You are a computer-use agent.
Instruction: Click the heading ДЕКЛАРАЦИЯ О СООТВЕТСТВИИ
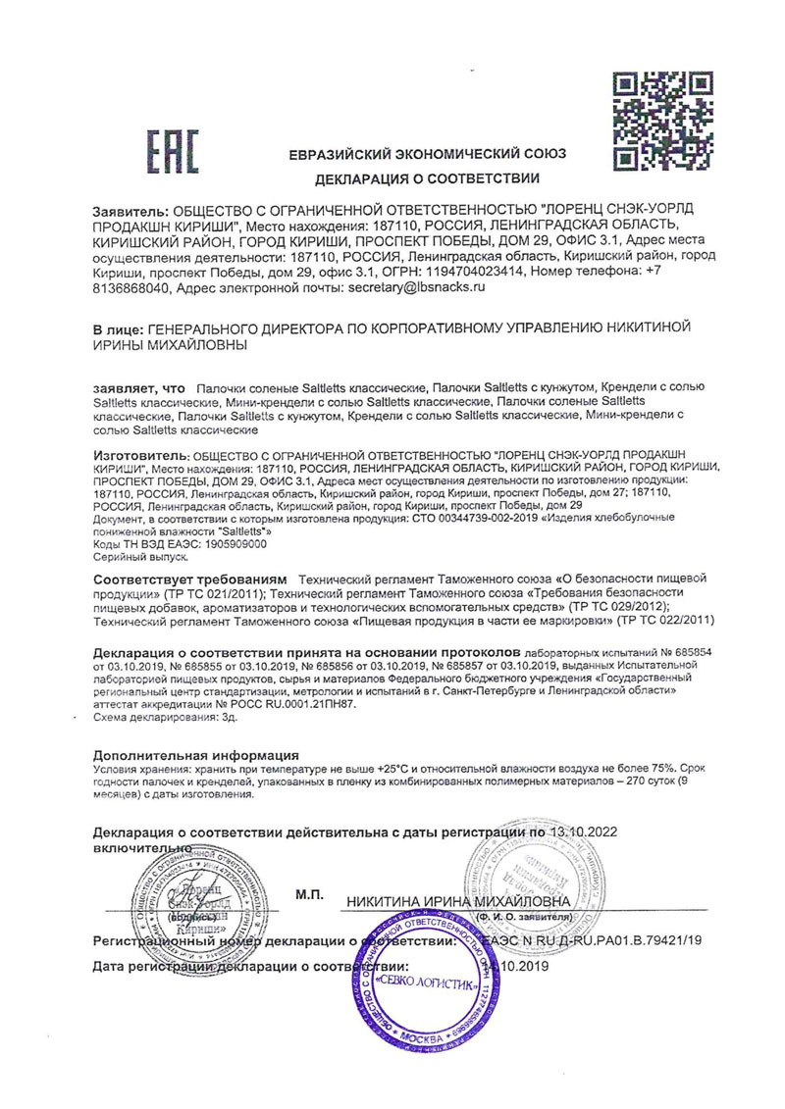point(428,179)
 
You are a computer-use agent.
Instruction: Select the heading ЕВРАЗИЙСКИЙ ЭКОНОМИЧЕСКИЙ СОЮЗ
point(428,155)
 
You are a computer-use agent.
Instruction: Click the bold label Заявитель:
point(130,212)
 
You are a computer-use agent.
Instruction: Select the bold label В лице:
point(116,330)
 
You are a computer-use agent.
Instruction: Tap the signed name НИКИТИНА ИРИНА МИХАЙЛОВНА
point(457,901)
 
